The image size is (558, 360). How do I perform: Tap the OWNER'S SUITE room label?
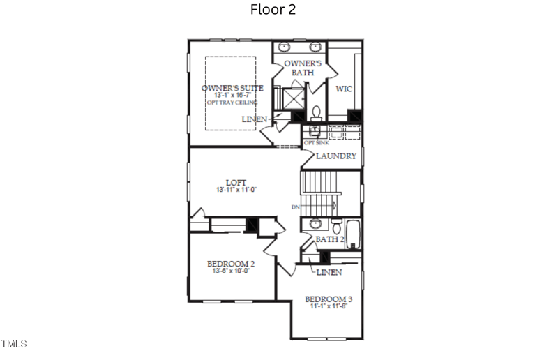[232, 88]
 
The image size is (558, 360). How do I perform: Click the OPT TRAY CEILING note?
[232, 103]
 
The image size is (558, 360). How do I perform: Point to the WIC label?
[344, 89]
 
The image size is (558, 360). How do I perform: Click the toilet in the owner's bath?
[316, 112]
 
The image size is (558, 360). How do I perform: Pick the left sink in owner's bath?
[286, 47]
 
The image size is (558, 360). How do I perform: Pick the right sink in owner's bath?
[315, 47]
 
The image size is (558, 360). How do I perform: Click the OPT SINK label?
[316, 143]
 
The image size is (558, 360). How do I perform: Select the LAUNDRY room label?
[336, 156]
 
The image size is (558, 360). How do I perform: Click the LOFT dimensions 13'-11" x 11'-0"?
[236, 190]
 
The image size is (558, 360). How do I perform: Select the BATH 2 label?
[329, 239]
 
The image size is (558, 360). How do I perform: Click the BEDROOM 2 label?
[231, 264]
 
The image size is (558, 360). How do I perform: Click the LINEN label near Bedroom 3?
[329, 272]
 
